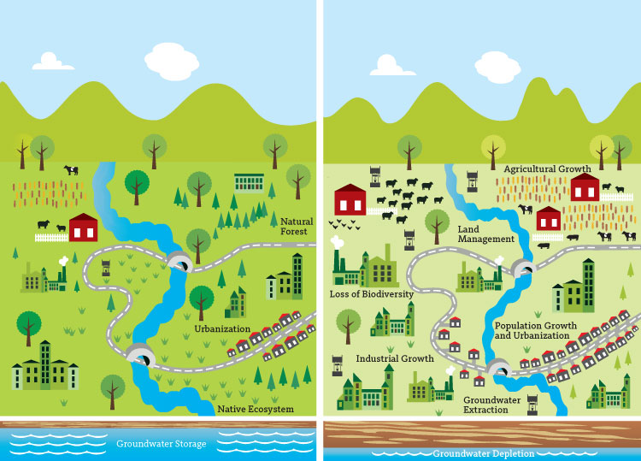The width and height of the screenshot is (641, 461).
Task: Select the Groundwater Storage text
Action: click(x=162, y=444)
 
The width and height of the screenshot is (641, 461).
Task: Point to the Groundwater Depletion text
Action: click(x=483, y=453)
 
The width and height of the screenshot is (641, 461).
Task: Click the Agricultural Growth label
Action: click(x=548, y=169)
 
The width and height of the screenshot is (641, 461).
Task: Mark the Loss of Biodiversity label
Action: click(x=371, y=294)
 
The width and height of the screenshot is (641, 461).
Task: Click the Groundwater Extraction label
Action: click(x=497, y=405)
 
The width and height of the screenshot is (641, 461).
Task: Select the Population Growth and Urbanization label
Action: click(x=532, y=331)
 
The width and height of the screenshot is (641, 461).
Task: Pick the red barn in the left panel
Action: click(x=83, y=228)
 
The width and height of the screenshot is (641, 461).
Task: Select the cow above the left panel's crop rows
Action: click(x=71, y=170)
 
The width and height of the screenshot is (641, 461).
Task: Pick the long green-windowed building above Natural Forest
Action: click(x=250, y=182)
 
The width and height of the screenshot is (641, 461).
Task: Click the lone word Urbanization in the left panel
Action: click(x=221, y=328)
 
